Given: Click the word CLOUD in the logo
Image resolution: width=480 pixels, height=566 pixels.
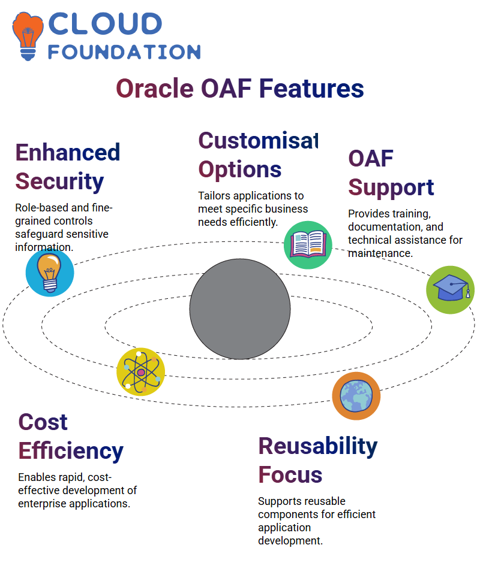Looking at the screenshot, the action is coord(105,23).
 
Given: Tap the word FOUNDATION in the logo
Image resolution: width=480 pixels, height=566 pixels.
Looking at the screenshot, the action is coord(124,52).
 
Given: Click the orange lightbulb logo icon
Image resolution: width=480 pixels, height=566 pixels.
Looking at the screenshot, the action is coord(28,36).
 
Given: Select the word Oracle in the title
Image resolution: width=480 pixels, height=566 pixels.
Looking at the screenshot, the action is coord(155,89).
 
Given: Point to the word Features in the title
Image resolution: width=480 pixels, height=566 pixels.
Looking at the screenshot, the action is coord(311,89).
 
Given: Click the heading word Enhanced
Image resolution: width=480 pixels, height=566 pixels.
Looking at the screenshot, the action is coord(68,152).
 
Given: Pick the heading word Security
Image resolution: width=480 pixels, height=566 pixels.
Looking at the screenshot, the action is coord(59,181).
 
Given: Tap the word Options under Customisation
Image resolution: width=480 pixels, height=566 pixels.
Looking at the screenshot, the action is coord(240,170).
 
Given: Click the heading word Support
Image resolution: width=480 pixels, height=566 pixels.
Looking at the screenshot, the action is coord(391,188).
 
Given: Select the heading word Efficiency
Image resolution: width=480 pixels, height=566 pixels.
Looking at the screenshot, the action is coord(71,451).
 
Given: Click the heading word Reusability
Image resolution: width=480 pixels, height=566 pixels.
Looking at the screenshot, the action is coord(318,447).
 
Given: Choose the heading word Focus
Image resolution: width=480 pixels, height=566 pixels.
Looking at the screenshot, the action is coord(290,475).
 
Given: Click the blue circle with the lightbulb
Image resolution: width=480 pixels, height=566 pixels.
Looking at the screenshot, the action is coord(50,273).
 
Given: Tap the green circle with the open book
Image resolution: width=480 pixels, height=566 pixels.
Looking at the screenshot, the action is coord(308,245).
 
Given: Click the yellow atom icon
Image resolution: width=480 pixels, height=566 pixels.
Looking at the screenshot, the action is coord(141,372).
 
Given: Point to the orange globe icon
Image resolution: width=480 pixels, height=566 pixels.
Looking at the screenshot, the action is coord(356,396).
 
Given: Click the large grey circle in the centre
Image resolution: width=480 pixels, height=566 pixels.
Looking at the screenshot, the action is coord(240,308).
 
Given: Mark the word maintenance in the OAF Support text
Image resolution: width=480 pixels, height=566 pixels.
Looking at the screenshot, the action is coord(380,253).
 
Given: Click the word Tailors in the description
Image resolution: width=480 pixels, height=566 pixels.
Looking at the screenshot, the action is coord(214,196).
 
